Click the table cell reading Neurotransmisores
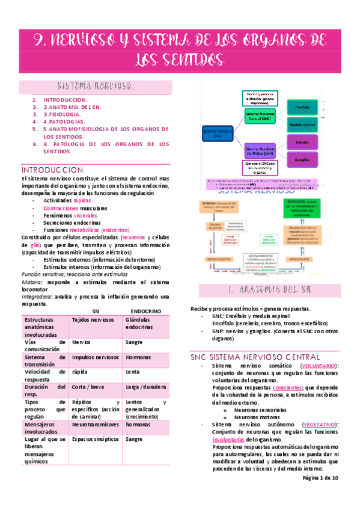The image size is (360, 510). (x=95, y=423)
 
